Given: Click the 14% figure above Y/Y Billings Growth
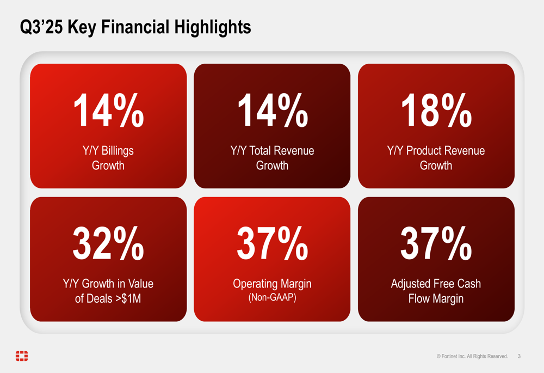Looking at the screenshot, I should coord(108,111).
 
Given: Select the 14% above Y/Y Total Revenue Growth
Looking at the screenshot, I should coord(272,111).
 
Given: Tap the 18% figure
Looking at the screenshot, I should coord(436,111).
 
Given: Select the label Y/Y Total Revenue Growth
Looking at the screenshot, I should coord(272,158).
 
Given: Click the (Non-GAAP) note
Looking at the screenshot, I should coord(272,298).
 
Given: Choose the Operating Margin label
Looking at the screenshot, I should coord(272,284).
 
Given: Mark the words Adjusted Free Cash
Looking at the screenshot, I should coord(436,284).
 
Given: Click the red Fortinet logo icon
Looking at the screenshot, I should coord(22,356).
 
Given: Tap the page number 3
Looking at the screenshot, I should coord(519,357).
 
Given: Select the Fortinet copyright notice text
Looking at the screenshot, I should coord(472,357).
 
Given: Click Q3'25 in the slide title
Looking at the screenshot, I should coord(41,27).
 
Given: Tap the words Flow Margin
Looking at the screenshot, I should coord(436,298).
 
